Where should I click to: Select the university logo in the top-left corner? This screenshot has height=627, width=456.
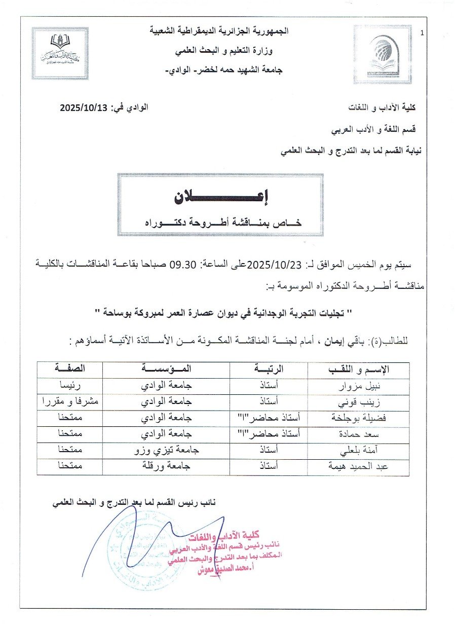pyautogui.click(x=60, y=53)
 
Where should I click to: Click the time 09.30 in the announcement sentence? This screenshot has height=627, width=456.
pyautogui.click(x=188, y=265)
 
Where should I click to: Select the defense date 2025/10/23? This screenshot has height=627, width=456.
pyautogui.click(x=277, y=265)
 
